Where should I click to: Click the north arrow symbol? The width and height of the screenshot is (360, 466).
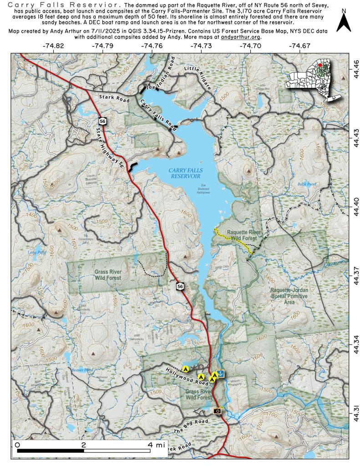[344, 22]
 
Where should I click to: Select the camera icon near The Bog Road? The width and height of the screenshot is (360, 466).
[218, 411]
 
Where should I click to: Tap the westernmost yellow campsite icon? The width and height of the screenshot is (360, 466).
[185, 368]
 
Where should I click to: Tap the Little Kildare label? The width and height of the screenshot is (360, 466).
[198, 77]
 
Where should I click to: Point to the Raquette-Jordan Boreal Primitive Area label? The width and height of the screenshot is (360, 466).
[289, 295]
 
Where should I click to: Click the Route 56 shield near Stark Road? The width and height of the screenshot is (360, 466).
[101, 121]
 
